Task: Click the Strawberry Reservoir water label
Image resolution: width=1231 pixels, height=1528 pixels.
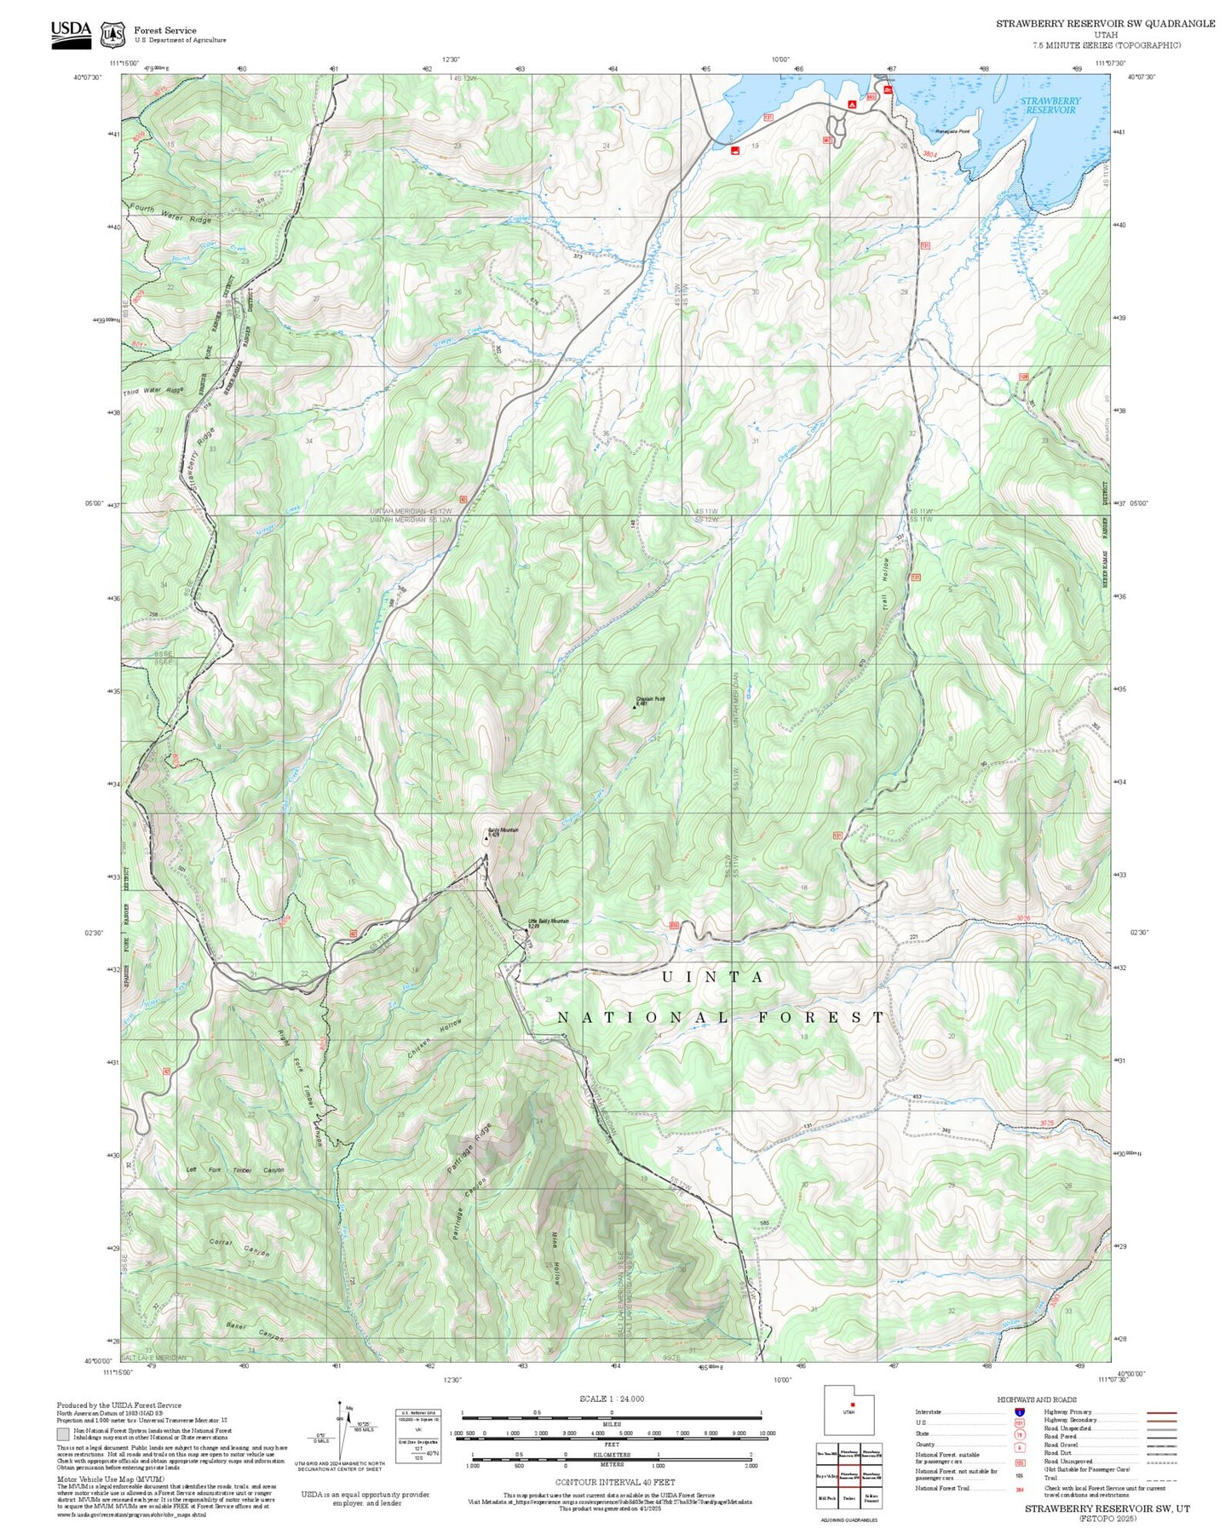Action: pos(1050,106)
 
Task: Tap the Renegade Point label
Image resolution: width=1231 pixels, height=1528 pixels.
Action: pos(952,131)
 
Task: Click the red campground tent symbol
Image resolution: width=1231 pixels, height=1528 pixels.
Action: pos(852,103)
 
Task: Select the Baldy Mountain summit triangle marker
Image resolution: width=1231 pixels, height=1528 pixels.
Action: pos(486,838)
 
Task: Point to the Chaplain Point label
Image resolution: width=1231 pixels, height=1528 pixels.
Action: pos(650,699)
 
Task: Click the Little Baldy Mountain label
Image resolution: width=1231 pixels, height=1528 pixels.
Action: pos(548,922)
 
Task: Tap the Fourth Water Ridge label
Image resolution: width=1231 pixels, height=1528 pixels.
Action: pos(170,214)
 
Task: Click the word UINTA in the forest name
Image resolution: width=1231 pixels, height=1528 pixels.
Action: pos(713,977)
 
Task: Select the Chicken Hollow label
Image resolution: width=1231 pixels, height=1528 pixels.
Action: pos(434,1039)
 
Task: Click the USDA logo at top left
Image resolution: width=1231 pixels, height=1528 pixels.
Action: pos(71,34)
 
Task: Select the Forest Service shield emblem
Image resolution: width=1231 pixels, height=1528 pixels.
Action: pos(112,35)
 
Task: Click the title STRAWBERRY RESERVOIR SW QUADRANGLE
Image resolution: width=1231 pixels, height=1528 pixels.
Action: pos(1105,24)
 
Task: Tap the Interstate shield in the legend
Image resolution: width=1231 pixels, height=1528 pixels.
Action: pos(1019,1412)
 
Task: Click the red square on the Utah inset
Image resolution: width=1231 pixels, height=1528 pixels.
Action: pos(852,1404)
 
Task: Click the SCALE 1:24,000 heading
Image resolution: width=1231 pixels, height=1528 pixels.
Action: pos(612,1399)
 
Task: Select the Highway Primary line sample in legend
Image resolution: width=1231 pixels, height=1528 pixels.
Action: pos(1161,1412)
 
